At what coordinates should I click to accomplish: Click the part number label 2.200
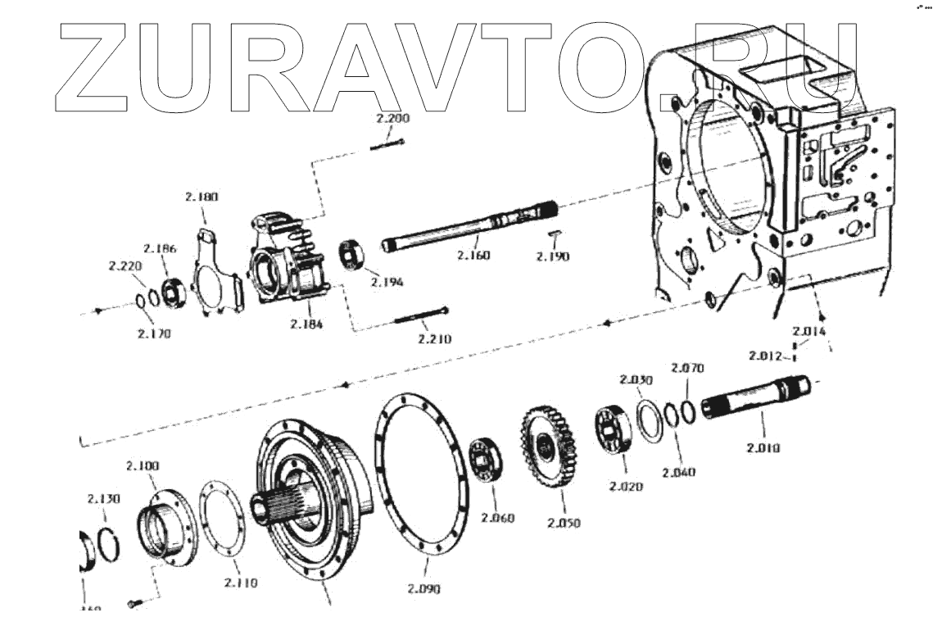pos(392,119)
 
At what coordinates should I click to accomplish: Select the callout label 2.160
pos(473,256)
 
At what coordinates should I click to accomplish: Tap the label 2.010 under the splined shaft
pos(763,447)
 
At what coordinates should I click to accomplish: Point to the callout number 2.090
pos(423,588)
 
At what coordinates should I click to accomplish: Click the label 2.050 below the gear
pos(564,523)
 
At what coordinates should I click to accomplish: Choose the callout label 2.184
pos(306,324)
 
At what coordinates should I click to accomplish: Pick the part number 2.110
pos(240,583)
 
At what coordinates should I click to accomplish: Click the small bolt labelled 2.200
pos(387,146)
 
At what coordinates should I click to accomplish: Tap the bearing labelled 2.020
pos(612,429)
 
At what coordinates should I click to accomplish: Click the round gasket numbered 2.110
pos(220,524)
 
